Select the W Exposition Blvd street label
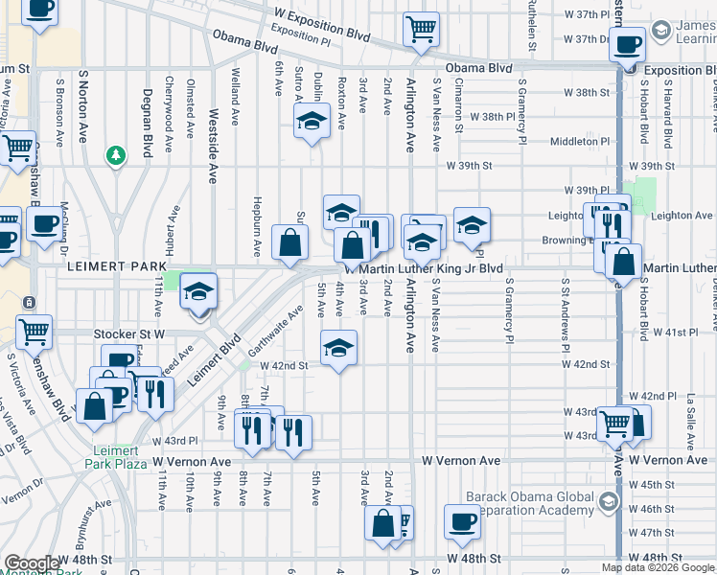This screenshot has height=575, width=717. point(321,16)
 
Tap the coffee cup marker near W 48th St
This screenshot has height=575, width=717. point(462,522)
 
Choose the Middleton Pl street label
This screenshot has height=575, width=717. point(580,141)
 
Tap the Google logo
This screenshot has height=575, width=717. point(32,563)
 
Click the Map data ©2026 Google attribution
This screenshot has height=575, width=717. point(657,567)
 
